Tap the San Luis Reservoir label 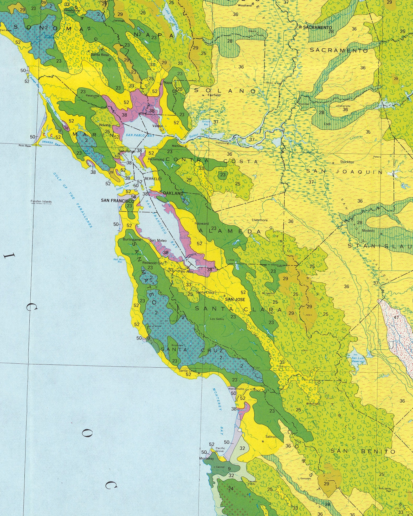click(358, 360)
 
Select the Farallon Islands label click(41, 201)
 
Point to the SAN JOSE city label click(235, 299)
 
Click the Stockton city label click(347, 162)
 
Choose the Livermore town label click(260, 220)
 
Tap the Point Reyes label click(25, 146)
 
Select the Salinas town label click(271, 437)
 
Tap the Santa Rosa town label click(100, 55)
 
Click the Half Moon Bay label click(119, 260)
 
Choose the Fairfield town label click(214, 95)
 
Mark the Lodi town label click(327, 124)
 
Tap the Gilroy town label click(283, 367)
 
